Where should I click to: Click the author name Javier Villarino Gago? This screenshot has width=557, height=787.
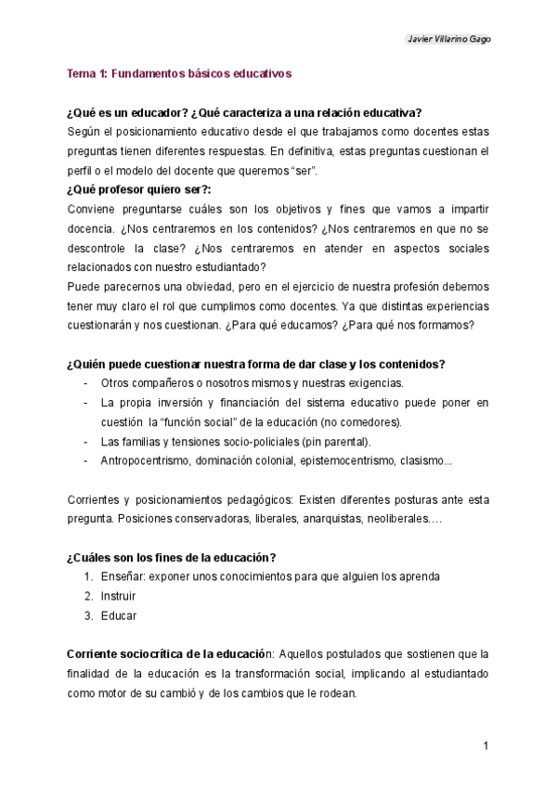pos(449,39)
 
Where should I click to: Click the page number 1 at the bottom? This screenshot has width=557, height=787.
pos(486,746)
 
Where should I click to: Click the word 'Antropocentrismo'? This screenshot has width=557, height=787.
pos(144,460)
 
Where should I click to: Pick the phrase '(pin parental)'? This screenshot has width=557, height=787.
pos(338,441)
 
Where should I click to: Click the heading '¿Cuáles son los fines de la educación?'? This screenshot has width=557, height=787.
pos(171,557)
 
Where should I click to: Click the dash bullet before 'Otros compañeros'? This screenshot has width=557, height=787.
pos(85,383)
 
